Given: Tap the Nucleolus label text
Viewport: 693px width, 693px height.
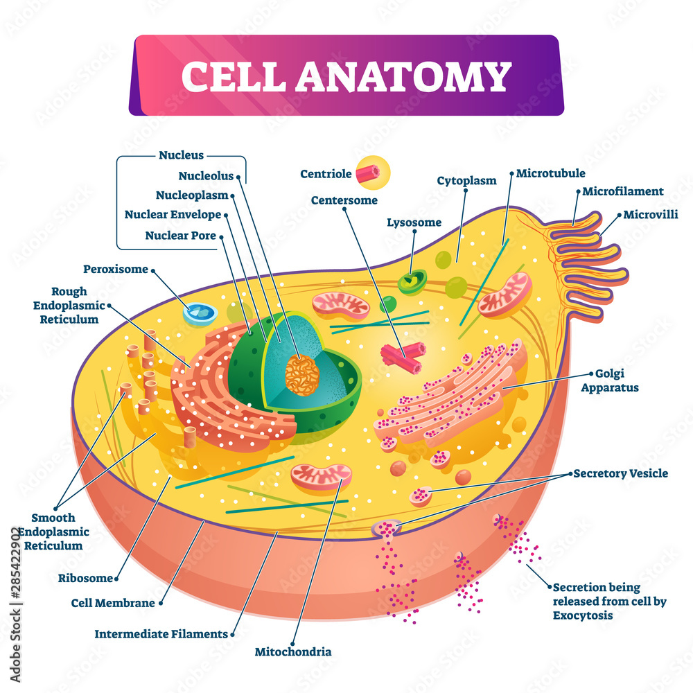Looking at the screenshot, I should [206, 176].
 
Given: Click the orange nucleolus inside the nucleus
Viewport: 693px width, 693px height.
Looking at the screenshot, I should [303, 375].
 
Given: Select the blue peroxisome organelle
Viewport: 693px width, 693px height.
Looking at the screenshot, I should [200, 313].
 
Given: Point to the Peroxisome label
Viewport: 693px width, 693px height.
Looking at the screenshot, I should [116, 269].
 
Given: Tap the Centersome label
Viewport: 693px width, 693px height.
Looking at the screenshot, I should [344, 200].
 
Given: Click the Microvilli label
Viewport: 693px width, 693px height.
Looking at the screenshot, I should [650, 214].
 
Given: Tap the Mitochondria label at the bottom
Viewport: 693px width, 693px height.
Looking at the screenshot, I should [293, 651].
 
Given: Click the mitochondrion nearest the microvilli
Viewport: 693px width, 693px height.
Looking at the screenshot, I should [505, 295].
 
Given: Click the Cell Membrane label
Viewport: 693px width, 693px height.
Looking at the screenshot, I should [113, 603].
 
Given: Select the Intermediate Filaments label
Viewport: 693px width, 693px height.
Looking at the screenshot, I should [161, 633].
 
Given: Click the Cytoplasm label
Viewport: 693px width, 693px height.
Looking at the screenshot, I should [466, 181].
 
